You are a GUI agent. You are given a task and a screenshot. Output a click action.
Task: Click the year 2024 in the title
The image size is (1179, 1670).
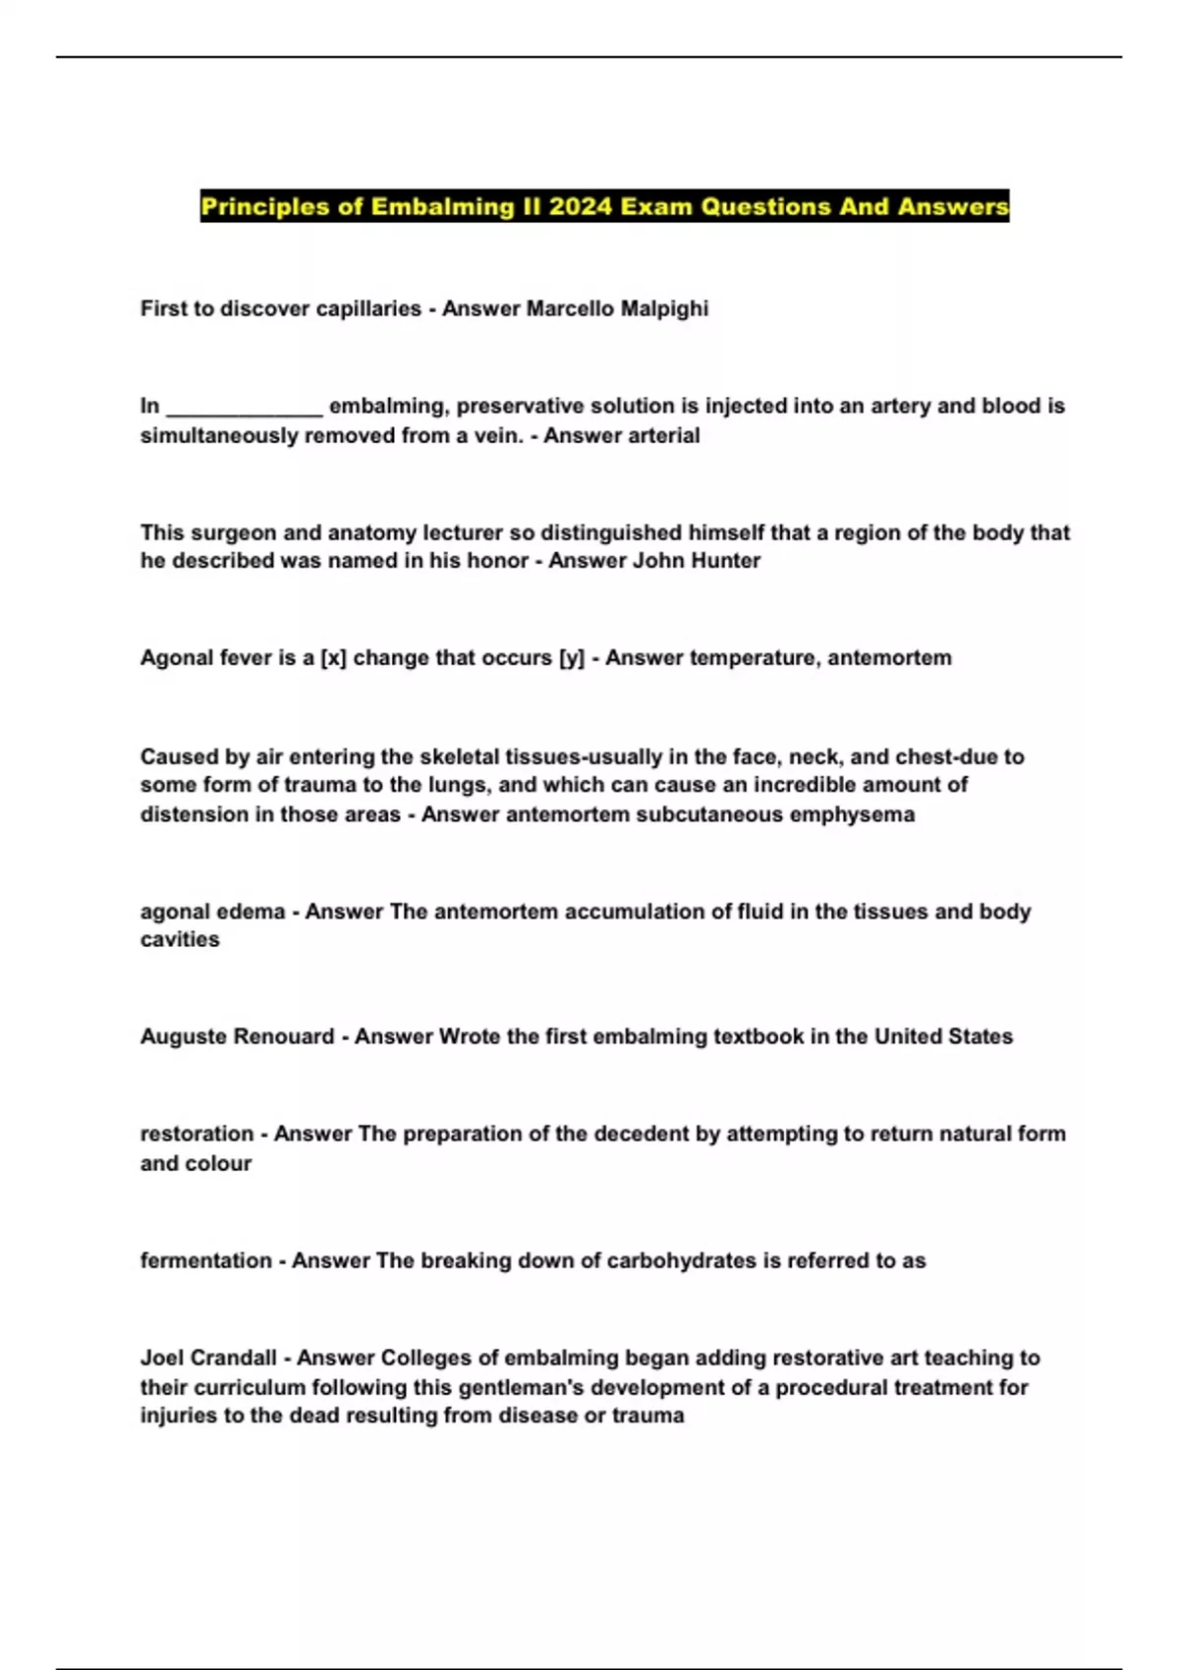tap(579, 206)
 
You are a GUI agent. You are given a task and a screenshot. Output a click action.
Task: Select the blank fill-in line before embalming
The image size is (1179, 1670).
tap(244, 407)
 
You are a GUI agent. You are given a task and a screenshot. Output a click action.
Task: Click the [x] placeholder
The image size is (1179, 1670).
tap(333, 658)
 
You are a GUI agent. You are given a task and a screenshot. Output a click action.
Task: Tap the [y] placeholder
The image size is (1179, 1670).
tap(571, 658)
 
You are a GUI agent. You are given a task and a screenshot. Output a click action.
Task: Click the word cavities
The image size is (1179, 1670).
tap(180, 940)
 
